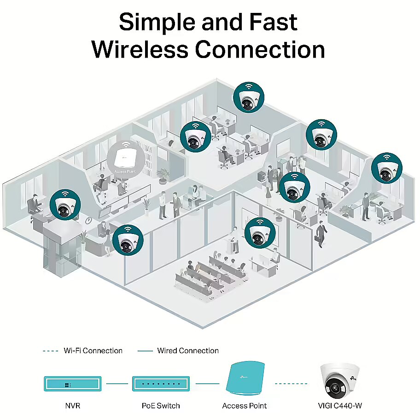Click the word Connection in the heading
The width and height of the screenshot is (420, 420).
[260, 49]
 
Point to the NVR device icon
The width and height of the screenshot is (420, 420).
[73, 384]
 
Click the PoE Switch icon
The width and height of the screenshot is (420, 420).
[161, 384]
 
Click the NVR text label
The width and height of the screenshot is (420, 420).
[73, 406]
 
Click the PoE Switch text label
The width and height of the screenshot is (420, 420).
[161, 406]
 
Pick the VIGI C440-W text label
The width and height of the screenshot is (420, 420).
[340, 406]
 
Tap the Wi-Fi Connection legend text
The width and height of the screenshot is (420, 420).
[93, 350]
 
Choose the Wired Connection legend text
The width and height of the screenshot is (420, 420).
[188, 350]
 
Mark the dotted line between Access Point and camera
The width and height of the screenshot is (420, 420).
[291, 384]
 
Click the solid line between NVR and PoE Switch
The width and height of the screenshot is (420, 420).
[117, 384]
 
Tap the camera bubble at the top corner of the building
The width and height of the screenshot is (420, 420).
[249, 97]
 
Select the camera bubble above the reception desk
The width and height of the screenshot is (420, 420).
[128, 240]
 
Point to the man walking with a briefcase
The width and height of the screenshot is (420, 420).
[321, 234]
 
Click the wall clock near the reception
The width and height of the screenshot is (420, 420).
[89, 221]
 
